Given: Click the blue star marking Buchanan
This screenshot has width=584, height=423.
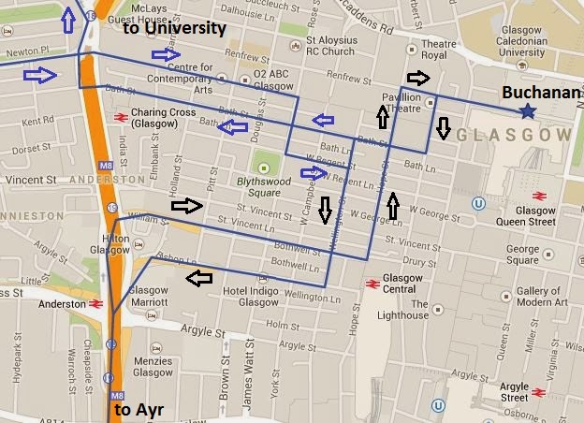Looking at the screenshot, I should coord(528,112).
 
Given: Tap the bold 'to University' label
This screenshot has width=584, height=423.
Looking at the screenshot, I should coord(175,28).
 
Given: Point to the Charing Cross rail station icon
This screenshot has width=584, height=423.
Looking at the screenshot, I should coord(120,117).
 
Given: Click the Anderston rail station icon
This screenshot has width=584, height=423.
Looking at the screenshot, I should coord(96,303).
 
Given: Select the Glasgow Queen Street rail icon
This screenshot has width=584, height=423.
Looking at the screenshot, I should coord(540,195).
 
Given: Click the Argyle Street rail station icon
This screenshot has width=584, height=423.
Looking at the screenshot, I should coord(538,391).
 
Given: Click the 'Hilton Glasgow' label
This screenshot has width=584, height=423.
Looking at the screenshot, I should coord(113,244).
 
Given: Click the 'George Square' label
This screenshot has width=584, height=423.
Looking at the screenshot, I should coord(522,255).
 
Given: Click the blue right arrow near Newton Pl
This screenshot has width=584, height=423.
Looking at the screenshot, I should coord(39,73).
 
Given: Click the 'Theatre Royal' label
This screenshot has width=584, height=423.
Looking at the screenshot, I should coord(438,49).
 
